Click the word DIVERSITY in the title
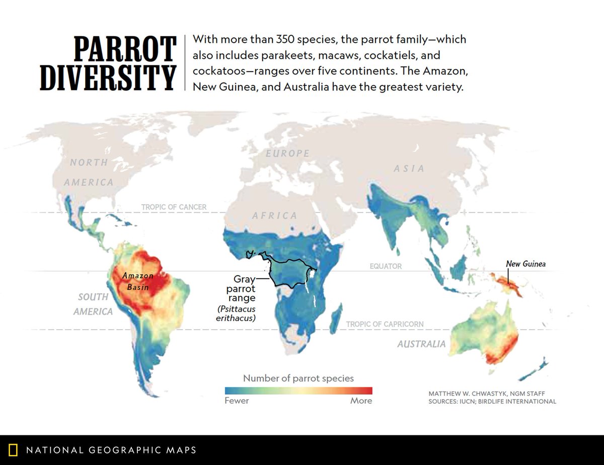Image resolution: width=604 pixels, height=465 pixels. pyautogui.click(x=108, y=77)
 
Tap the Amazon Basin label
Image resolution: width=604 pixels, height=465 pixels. pyautogui.click(x=137, y=281)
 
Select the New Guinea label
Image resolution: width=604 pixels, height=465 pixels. pyautogui.click(x=525, y=263)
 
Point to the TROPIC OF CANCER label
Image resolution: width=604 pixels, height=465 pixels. pyautogui.click(x=174, y=207)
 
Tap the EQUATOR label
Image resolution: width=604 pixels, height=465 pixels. pyautogui.click(x=386, y=266)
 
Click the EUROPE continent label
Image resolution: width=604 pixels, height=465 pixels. pyautogui.click(x=288, y=153)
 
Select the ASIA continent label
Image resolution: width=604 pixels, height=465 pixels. pyautogui.click(x=410, y=169)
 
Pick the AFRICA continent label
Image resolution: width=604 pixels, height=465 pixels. pyautogui.click(x=275, y=215)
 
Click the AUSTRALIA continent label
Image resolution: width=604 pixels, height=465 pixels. pyautogui.click(x=421, y=344)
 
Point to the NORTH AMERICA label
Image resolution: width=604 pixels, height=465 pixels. pyautogui.click(x=89, y=172)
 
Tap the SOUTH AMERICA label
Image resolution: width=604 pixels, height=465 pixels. pyautogui.click(x=93, y=304)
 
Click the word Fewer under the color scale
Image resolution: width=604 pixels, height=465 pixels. pyautogui.click(x=237, y=401)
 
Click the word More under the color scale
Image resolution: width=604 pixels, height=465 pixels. pyautogui.click(x=361, y=401)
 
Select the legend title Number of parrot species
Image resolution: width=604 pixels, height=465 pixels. pyautogui.click(x=298, y=378)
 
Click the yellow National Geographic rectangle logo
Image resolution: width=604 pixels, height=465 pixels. pyautogui.click(x=14, y=449)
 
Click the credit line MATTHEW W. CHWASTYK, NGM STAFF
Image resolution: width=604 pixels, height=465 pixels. pyautogui.click(x=486, y=393)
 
